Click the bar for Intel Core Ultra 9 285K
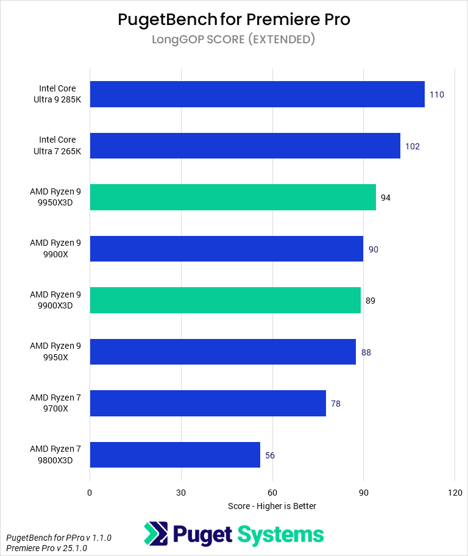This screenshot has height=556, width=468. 257,94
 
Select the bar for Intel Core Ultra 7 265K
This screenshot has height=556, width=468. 245,146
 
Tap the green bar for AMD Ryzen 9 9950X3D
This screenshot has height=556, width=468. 233,198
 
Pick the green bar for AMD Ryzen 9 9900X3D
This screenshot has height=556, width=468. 225,301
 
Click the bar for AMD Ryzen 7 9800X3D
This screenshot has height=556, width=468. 175,455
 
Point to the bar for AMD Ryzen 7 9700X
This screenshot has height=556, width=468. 208,404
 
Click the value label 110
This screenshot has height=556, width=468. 436,94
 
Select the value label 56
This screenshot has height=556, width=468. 269,455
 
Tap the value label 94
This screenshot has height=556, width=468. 386,198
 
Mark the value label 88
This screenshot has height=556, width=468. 366,352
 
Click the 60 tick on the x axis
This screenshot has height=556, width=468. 272,492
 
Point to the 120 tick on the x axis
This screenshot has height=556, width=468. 455,492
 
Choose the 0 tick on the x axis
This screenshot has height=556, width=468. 90,492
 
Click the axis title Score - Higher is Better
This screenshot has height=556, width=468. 272,506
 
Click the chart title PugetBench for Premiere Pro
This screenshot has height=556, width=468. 234,20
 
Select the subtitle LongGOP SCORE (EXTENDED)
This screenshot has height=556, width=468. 234,40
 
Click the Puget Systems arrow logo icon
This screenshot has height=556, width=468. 155,534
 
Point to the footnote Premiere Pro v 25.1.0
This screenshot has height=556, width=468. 46,548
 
